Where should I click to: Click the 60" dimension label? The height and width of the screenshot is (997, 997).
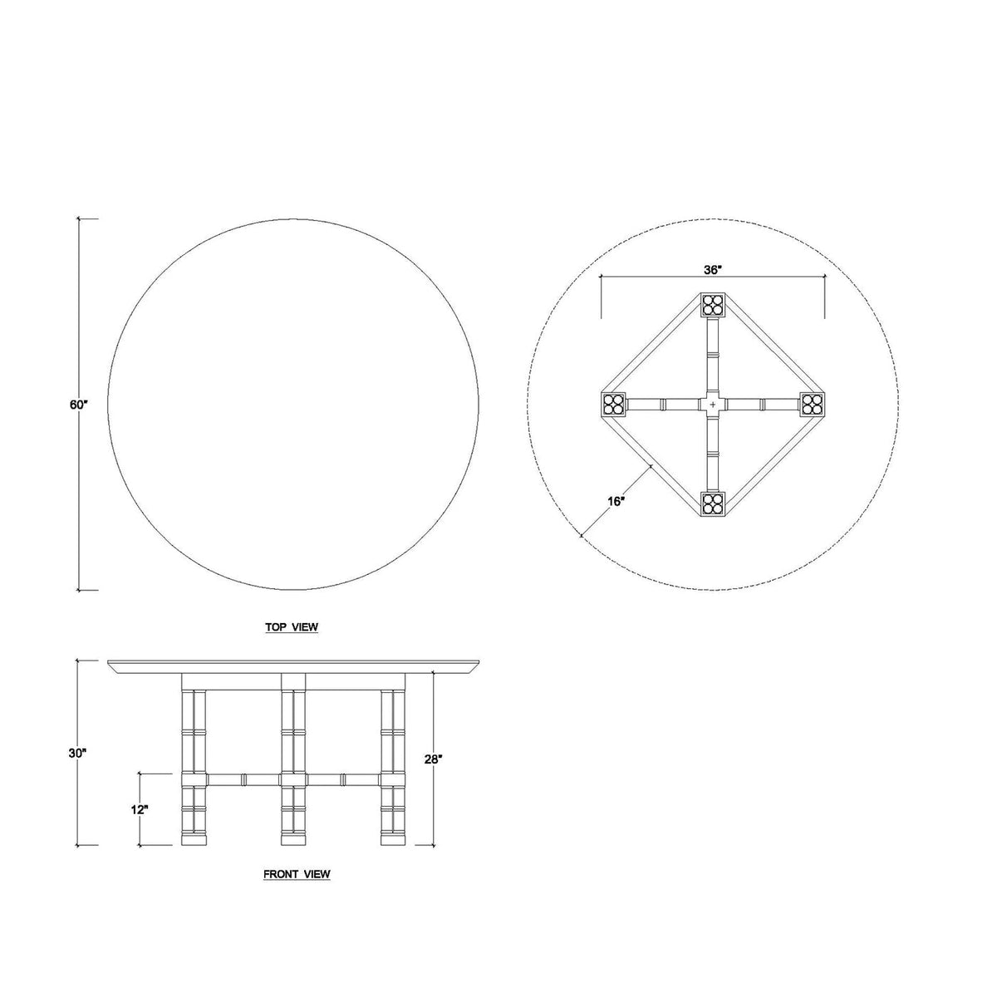[78, 405]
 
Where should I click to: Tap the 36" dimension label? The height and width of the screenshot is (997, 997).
[712, 270]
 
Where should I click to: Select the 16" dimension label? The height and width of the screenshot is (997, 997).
[616, 502]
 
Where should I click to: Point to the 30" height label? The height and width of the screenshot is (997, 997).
[78, 753]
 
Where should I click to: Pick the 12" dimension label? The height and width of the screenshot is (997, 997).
[139, 809]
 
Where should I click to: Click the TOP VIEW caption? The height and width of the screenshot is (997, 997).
[292, 627]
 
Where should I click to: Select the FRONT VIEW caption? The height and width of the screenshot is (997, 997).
[297, 874]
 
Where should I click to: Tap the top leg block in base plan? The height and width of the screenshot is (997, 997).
[713, 305]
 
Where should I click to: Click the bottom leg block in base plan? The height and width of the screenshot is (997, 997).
[713, 503]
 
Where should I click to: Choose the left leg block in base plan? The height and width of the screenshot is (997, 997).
[614, 405]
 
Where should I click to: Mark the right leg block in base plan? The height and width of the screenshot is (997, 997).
[812, 405]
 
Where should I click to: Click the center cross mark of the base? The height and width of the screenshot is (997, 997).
[713, 405]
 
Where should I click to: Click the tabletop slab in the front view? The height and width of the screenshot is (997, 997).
[295, 667]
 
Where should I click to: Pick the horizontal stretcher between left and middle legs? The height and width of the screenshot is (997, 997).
[243, 780]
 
